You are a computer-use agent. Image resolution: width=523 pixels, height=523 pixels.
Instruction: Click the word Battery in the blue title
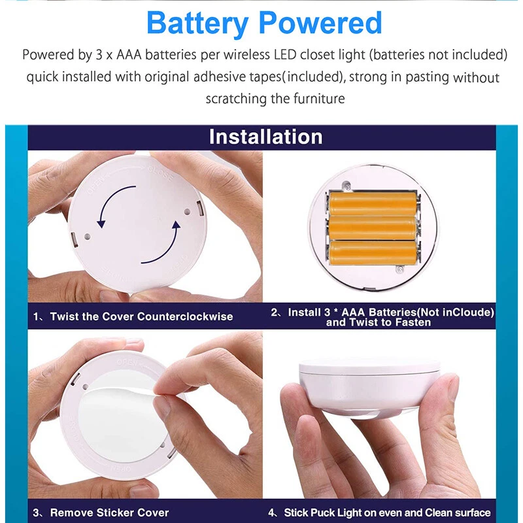[197, 24]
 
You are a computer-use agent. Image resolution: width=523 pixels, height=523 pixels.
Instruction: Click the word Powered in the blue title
[320, 23]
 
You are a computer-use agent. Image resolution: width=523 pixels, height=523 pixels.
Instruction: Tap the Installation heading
[266, 137]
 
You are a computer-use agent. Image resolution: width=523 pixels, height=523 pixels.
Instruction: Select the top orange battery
[373, 203]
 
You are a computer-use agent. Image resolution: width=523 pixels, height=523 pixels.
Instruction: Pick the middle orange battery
[372, 228]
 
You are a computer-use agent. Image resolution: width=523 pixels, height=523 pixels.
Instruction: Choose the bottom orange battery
[373, 252]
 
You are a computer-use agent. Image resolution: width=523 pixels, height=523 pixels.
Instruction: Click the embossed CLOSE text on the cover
[161, 173]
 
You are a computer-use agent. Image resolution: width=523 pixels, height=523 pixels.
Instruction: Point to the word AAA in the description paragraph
[129, 55]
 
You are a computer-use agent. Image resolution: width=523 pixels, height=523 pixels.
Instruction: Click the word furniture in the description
[319, 99]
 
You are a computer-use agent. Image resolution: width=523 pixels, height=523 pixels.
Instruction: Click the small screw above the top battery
[347, 184]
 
